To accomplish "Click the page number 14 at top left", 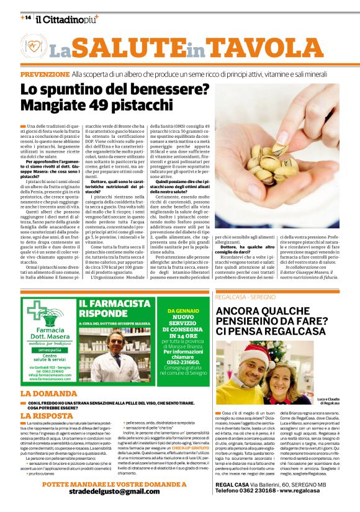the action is click(25, 18).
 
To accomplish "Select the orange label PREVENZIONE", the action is click(44, 74).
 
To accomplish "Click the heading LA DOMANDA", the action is click(49, 393).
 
